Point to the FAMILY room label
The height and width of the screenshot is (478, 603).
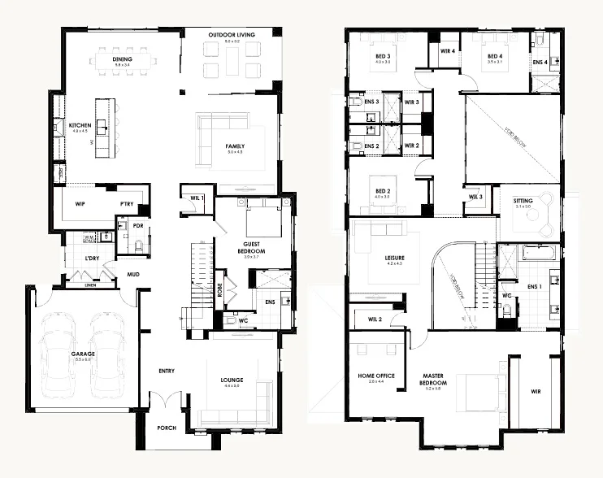(235, 147)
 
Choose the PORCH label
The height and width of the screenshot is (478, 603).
(167, 427)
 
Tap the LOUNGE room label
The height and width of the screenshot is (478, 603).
(232, 379)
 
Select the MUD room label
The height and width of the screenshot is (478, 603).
(132, 274)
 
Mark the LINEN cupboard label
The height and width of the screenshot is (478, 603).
(92, 285)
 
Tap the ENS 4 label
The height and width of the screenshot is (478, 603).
(540, 62)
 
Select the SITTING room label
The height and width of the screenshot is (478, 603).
(523, 201)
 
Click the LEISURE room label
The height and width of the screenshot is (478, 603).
(394, 259)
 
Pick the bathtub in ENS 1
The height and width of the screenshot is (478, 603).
(538, 253)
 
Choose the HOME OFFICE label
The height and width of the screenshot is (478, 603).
(376, 376)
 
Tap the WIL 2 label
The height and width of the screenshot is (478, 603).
(375, 319)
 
